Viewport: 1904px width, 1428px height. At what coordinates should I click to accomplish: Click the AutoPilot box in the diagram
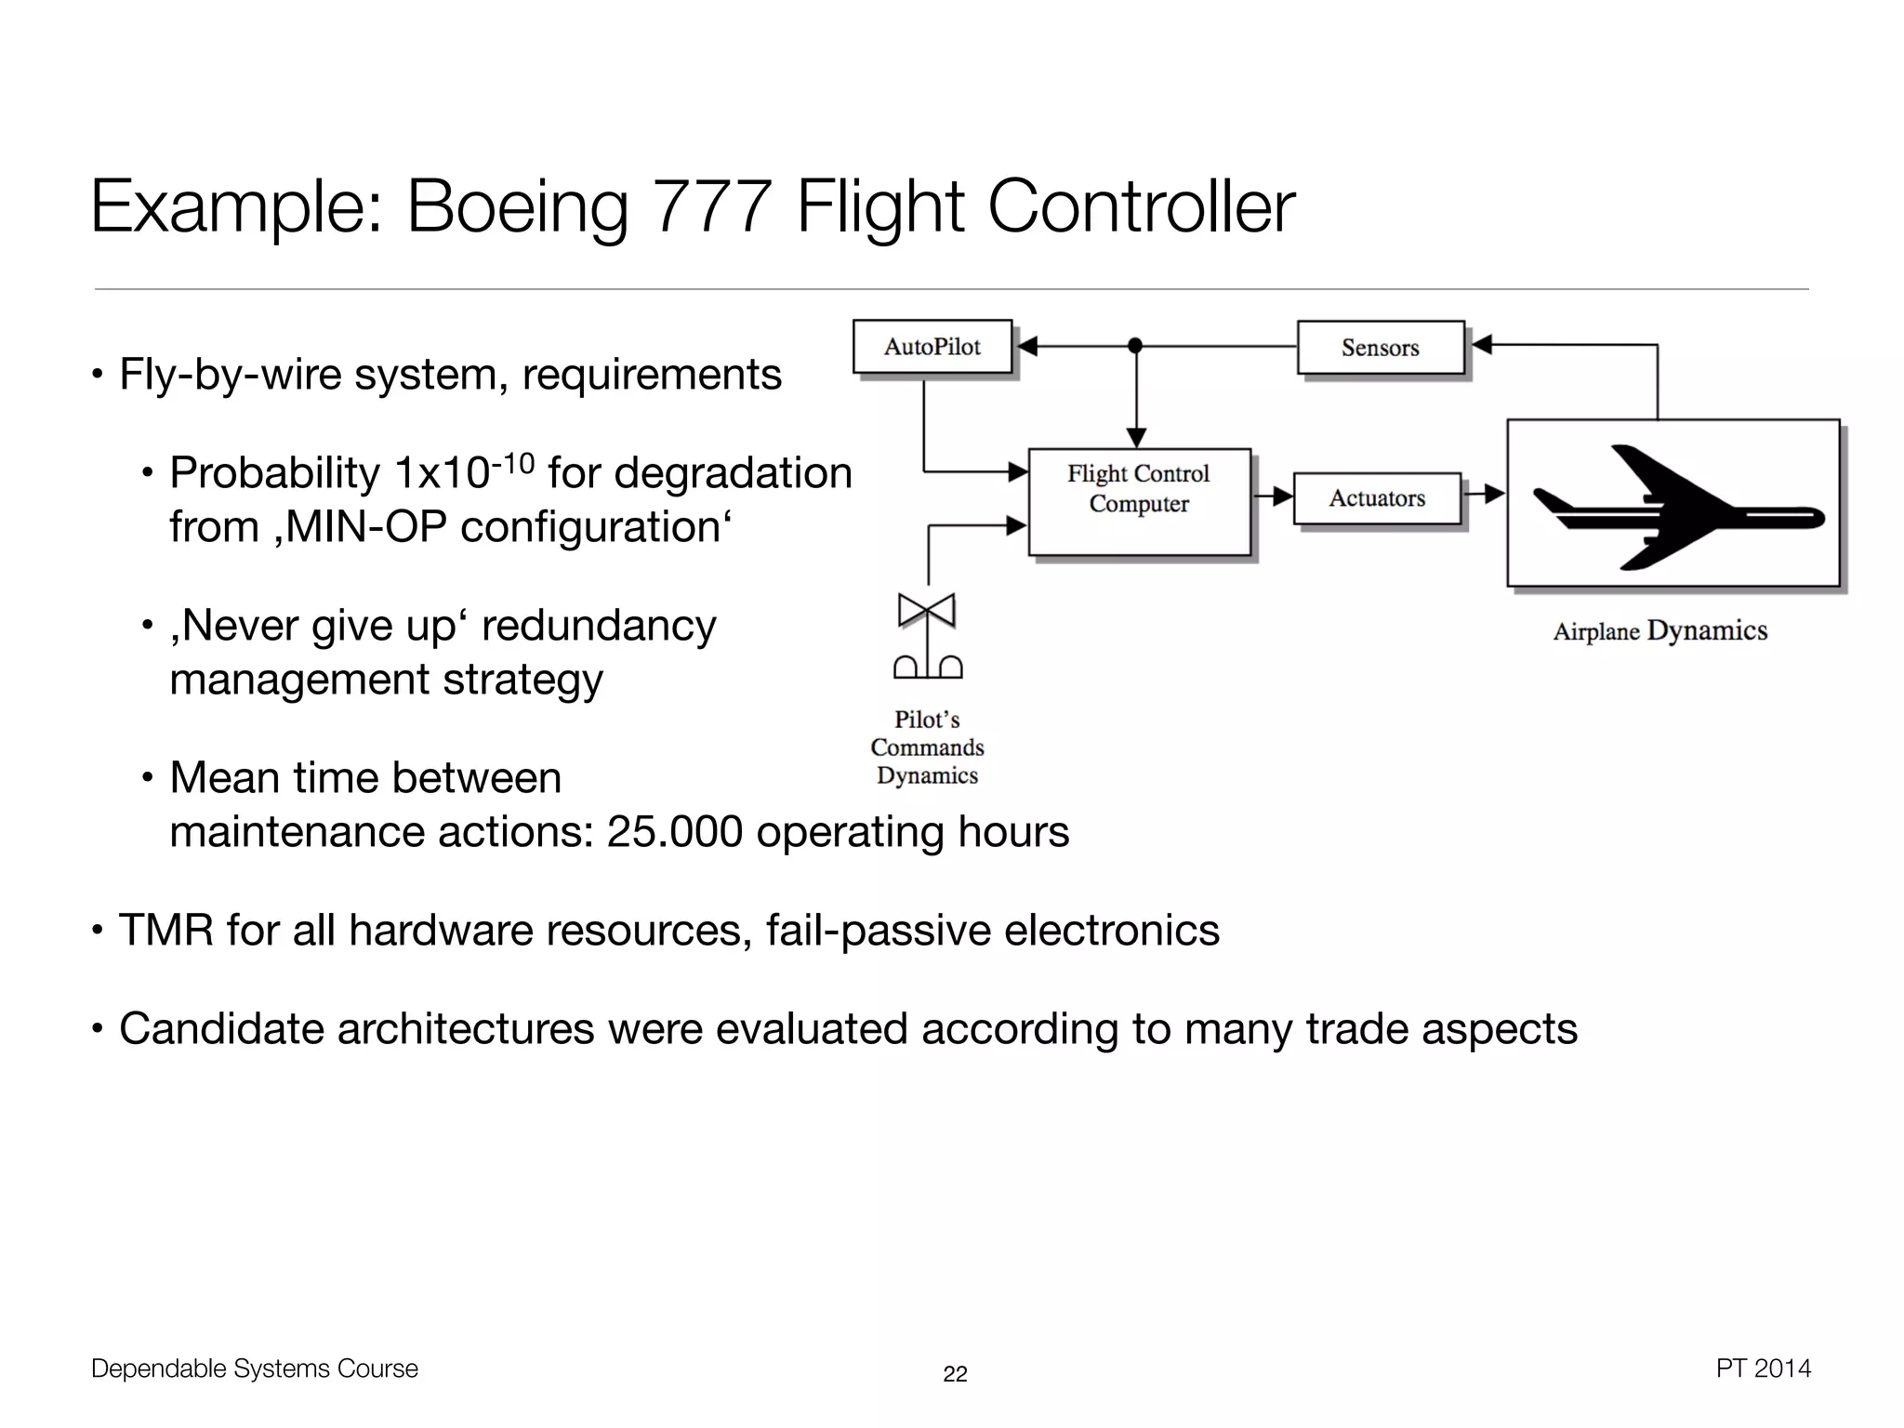932,347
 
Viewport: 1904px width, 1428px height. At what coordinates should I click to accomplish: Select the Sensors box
1381,348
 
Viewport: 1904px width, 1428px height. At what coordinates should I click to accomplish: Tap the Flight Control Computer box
1139,502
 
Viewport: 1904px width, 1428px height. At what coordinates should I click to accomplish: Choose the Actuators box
1377,499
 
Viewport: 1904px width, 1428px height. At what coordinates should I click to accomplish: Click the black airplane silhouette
1673,507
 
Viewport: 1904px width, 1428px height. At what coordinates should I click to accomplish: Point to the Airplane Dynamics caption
1659,631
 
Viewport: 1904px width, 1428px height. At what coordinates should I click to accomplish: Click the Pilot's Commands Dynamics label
927,747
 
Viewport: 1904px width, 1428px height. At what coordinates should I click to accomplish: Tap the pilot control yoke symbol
927,638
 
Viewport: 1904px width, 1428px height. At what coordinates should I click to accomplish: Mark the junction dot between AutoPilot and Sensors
1134,346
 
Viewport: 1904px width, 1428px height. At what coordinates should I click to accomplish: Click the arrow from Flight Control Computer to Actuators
1273,496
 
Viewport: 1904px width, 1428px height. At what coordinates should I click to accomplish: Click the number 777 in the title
712,206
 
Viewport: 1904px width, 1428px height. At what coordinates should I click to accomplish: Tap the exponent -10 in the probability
512,462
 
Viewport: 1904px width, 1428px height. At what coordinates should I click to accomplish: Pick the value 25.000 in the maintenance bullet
674,832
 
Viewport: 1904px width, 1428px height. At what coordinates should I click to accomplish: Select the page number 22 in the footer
955,1374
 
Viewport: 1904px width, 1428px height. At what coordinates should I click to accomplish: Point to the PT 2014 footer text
1763,1368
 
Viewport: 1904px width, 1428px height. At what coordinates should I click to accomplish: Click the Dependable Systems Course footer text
255,1368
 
